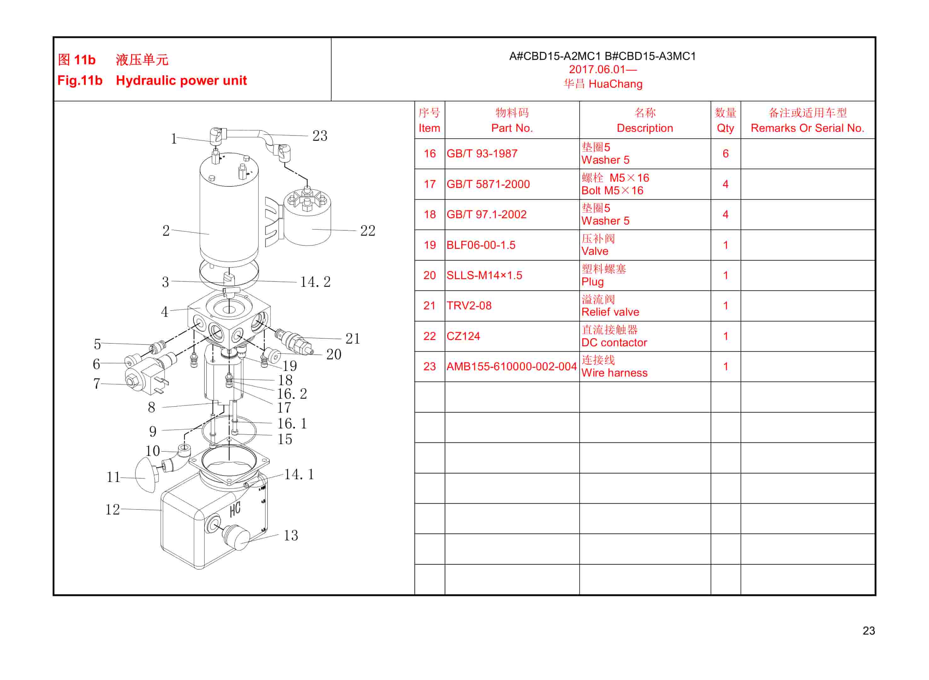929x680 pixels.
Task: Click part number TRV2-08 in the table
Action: coord(469,305)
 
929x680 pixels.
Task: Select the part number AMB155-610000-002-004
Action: coord(511,366)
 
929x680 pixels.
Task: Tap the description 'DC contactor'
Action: coord(614,343)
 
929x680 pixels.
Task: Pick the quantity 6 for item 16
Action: coord(725,154)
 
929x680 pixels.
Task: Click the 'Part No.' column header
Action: coord(511,128)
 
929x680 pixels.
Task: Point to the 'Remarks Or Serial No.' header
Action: coord(807,128)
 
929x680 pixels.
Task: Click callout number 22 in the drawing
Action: coord(367,231)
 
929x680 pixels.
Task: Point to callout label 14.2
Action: coord(315,282)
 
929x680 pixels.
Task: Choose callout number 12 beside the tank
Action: coord(112,510)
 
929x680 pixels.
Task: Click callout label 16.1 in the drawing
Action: coord(291,423)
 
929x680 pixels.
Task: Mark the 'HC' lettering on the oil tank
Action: coord(235,510)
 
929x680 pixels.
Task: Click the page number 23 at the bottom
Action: coord(868,630)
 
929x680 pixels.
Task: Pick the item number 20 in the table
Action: coord(429,275)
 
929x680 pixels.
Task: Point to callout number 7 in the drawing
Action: coord(96,384)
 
